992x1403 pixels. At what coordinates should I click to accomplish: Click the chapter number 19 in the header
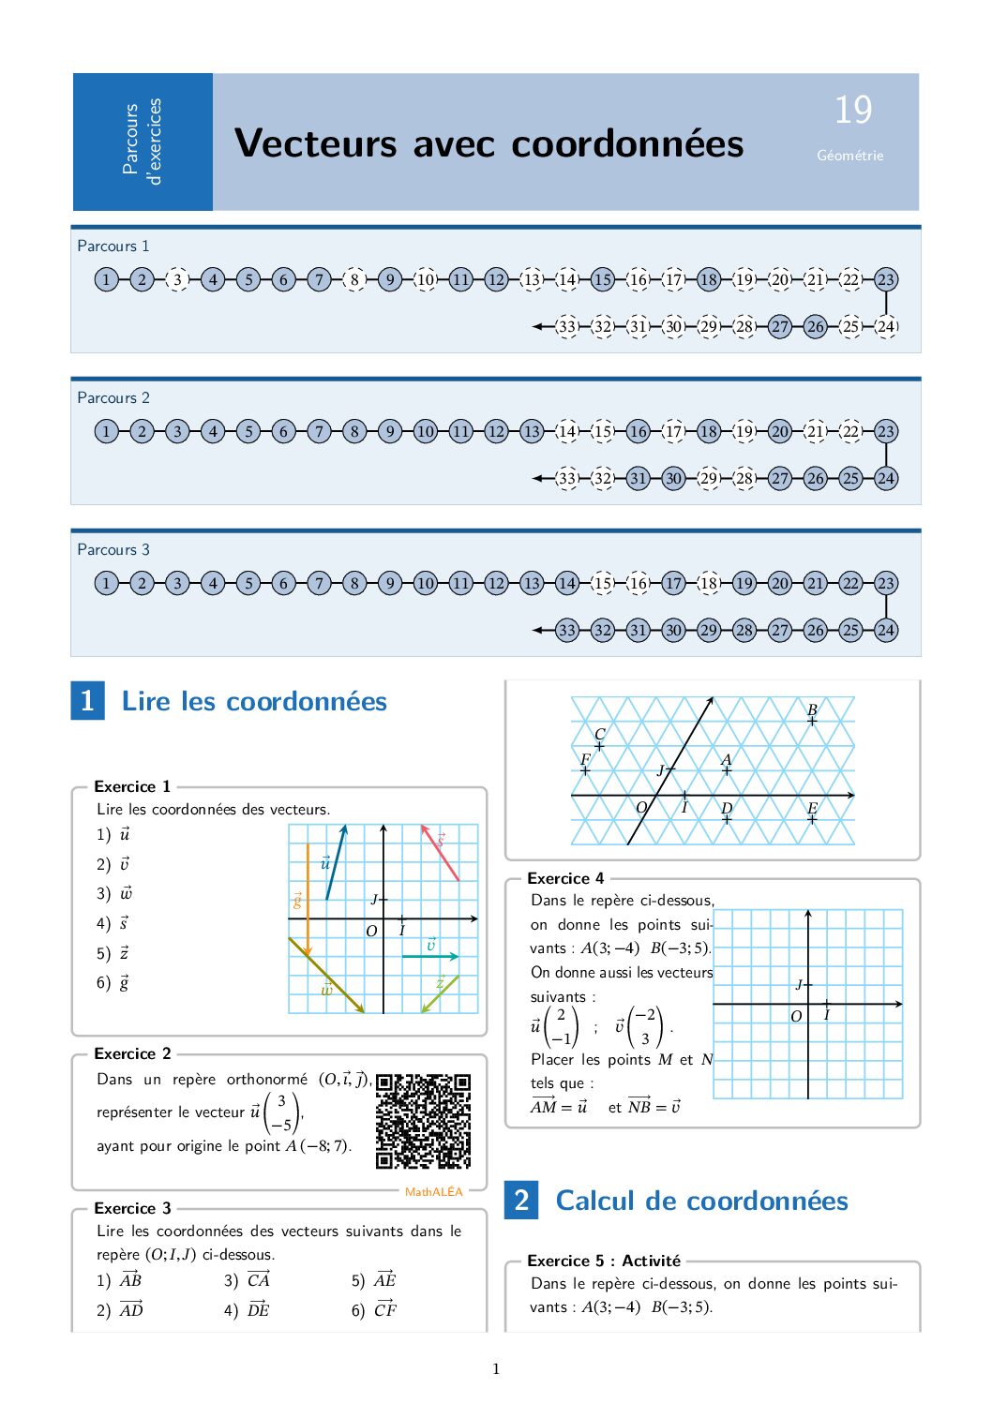pos(852,111)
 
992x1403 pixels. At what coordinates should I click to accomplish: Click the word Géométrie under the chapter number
pos(849,156)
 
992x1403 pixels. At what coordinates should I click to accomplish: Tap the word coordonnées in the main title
pos(627,143)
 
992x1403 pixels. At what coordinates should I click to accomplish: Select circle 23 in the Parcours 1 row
pos(885,279)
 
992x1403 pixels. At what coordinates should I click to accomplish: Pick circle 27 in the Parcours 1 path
pos(779,326)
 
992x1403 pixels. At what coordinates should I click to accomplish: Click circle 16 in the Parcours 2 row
pos(638,431)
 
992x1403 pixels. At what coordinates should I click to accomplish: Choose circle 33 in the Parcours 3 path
pos(566,630)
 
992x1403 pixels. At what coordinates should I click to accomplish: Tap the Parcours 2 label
pos(113,397)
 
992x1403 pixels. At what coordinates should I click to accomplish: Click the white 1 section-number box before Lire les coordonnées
pos(87,700)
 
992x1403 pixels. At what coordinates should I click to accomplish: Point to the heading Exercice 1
pos(132,786)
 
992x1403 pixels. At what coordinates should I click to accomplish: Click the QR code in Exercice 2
pos(423,1121)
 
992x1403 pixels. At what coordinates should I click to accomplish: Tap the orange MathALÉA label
pos(433,1192)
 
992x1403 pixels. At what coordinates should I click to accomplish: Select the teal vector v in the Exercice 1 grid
pos(430,955)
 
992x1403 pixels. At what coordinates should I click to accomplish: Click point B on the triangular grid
pos(812,721)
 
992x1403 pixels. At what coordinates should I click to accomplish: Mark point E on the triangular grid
pos(812,818)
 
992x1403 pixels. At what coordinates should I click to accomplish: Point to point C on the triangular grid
pos(599,746)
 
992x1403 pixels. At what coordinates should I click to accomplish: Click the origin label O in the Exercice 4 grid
pos(795,1016)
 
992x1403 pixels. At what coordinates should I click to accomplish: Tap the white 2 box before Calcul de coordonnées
pos(521,1200)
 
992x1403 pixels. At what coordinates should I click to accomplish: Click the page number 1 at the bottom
pos(496,1369)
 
